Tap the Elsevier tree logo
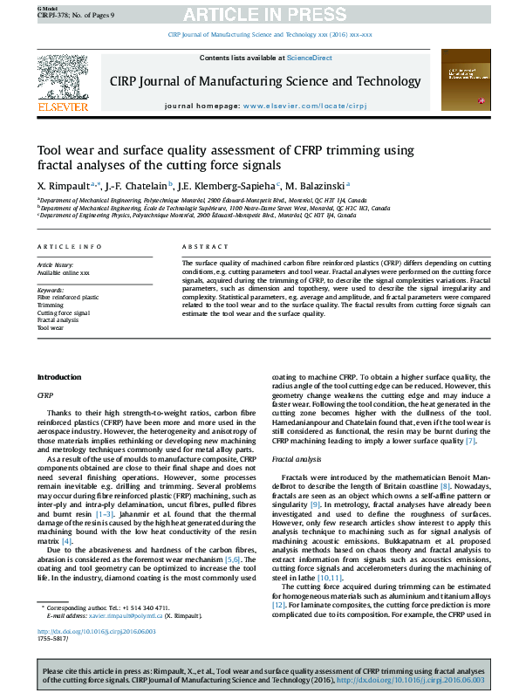(x=62, y=81)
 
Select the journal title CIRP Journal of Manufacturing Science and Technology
(x=265, y=81)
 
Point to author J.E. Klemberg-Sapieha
(x=225, y=186)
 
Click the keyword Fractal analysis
(x=58, y=320)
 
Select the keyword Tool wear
(x=50, y=328)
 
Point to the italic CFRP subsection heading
(x=45, y=395)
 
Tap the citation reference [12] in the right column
(x=279, y=580)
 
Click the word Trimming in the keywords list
(x=50, y=305)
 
